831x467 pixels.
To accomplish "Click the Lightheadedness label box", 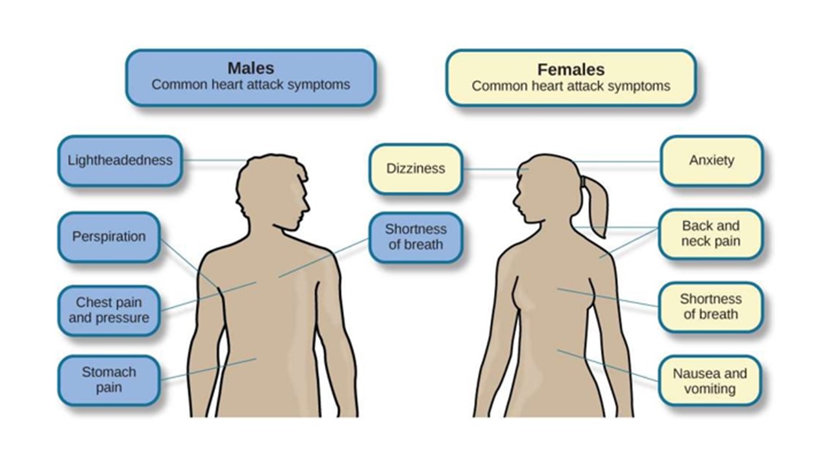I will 119,160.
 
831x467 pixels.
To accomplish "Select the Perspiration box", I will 108,237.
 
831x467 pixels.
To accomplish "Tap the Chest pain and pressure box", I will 108,310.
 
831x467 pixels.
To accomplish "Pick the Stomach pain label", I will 108,380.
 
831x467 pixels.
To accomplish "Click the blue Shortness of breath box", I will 415,237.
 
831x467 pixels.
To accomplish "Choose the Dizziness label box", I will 415,169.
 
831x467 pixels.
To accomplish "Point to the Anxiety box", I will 711,160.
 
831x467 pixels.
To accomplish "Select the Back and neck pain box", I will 710,233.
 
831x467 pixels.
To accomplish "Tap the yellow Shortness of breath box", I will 710,307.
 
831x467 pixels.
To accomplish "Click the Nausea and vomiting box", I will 710,381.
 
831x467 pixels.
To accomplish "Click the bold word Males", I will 251,68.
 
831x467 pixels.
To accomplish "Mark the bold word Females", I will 571,69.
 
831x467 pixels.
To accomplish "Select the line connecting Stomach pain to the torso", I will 208,369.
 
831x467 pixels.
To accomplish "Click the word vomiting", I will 710,389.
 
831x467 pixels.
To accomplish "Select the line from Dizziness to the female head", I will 493,170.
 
